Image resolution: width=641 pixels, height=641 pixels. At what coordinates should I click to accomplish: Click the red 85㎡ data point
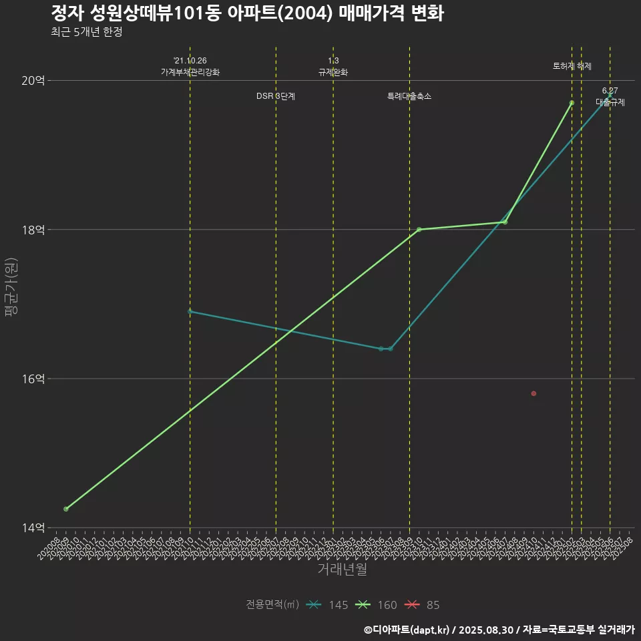[533, 393]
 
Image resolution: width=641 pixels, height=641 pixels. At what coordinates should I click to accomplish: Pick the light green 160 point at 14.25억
[65, 509]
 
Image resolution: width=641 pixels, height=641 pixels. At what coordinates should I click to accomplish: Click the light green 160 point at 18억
[419, 230]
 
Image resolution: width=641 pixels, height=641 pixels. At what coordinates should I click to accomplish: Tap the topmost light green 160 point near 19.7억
[572, 103]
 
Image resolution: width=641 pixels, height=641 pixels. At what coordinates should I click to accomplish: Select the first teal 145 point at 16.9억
[190, 311]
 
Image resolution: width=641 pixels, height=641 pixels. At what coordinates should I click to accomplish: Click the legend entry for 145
[327, 605]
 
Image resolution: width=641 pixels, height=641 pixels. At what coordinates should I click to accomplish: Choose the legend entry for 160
[376, 605]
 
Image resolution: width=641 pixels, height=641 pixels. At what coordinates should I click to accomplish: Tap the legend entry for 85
[423, 605]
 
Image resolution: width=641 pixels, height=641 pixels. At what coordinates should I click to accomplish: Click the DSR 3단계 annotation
[276, 96]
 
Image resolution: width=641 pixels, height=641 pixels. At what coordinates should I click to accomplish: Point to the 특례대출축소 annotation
[409, 96]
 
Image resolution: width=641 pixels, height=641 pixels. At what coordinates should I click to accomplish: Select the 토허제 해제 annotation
[572, 66]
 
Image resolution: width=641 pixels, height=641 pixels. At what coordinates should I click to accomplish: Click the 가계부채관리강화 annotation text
[190, 72]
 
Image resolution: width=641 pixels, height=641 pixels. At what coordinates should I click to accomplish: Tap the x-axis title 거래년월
[342, 570]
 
